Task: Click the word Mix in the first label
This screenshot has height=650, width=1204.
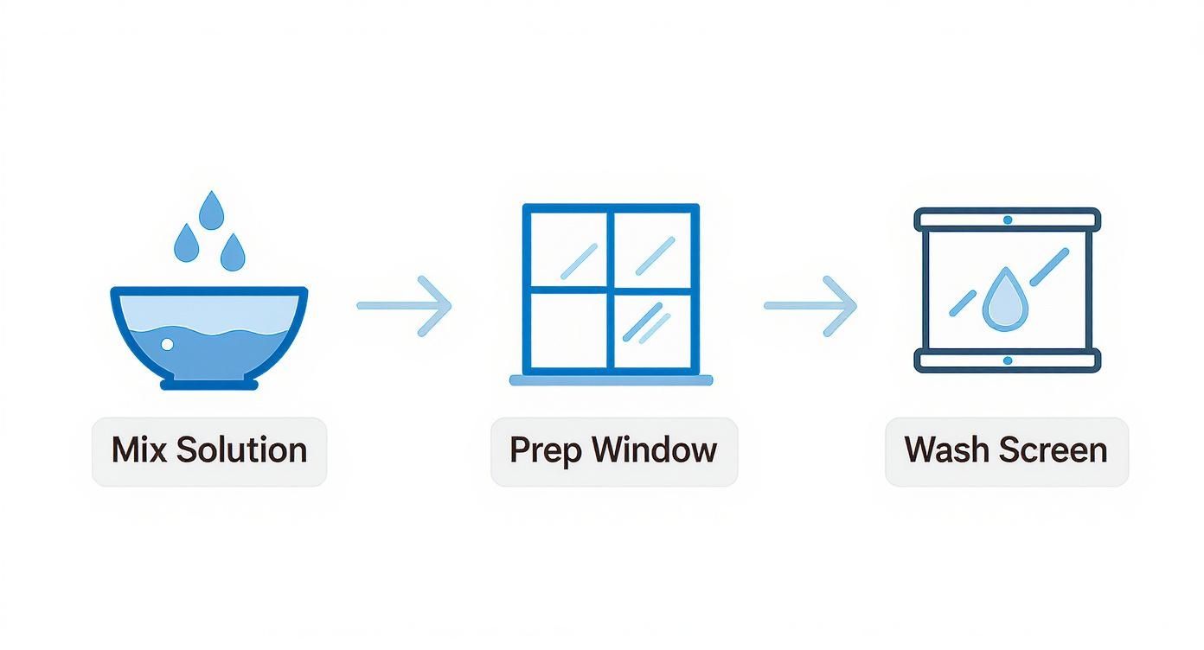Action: pyautogui.click(x=139, y=450)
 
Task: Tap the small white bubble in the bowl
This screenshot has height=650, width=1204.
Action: pyautogui.click(x=168, y=345)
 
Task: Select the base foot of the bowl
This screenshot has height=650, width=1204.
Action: pyautogui.click(x=209, y=381)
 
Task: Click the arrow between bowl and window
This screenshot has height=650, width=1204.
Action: pyautogui.click(x=405, y=305)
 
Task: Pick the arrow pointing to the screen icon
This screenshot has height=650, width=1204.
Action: pyautogui.click(x=810, y=305)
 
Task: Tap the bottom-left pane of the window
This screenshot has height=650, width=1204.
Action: pyautogui.click(x=567, y=330)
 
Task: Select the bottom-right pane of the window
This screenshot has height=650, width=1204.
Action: pyautogui.click(x=652, y=330)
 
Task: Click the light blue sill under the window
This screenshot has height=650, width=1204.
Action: pyautogui.click(x=611, y=379)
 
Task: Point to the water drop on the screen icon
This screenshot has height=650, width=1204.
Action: pyautogui.click(x=1002, y=299)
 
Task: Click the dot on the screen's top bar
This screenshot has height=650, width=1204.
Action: pyautogui.click(x=1007, y=220)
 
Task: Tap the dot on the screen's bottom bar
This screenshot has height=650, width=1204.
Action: pyautogui.click(x=1007, y=360)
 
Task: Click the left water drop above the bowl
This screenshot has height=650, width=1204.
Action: pyautogui.click(x=187, y=243)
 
